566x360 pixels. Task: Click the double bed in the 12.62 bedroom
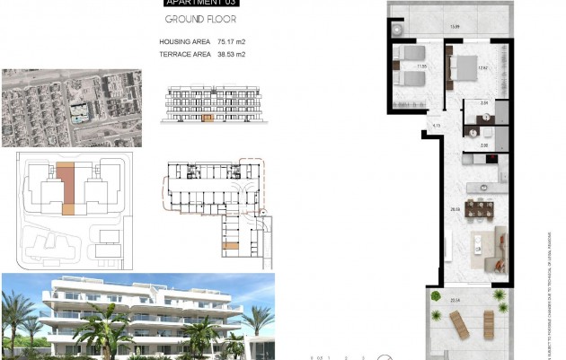click(x=467, y=69)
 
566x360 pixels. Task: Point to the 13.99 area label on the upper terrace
click(x=455, y=26)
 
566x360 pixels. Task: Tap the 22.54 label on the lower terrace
click(x=455, y=300)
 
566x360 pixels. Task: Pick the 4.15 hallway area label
click(x=435, y=126)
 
